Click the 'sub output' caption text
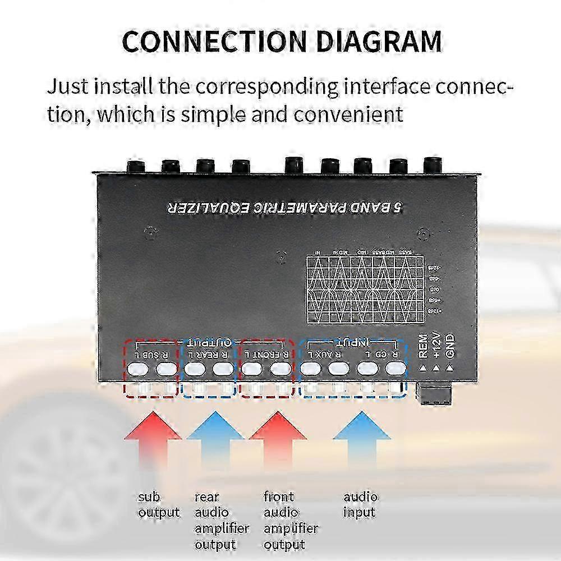(x=158, y=504)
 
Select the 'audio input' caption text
(x=360, y=504)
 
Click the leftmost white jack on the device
(x=135, y=369)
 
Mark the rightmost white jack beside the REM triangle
(x=395, y=369)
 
